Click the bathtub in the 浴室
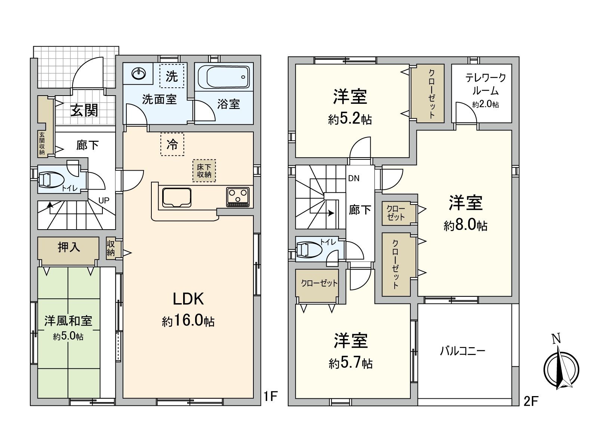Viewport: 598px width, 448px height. tap(224, 77)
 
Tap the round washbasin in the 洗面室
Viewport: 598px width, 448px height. tap(139, 74)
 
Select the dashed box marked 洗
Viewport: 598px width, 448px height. tap(172, 76)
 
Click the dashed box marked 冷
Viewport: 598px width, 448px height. tap(172, 144)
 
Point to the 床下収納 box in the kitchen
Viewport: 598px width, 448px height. tap(204, 171)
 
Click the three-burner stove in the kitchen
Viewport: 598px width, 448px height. tap(238, 196)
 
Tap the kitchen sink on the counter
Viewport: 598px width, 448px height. tap(177, 197)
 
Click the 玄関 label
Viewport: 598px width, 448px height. tap(85, 110)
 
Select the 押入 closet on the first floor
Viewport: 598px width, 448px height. tap(68, 247)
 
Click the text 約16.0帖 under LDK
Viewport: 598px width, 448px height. tap(188, 321)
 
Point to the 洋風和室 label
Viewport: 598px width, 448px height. tap(68, 321)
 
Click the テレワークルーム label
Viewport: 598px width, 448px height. tap(485, 84)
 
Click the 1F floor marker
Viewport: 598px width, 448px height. tap(270, 396)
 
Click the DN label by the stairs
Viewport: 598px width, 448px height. tap(354, 178)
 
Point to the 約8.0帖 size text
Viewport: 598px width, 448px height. tap(465, 225)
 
